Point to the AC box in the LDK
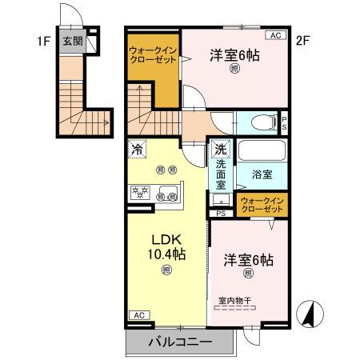(137, 314)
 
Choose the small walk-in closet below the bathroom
(261, 203)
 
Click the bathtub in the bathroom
(261, 150)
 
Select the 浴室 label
(262, 172)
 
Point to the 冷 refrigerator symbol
(137, 149)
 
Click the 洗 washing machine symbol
(219, 149)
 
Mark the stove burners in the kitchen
(142, 192)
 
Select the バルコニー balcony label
(180, 342)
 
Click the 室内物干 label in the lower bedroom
(235, 301)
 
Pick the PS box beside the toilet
(285, 122)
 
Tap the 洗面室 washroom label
(219, 174)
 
